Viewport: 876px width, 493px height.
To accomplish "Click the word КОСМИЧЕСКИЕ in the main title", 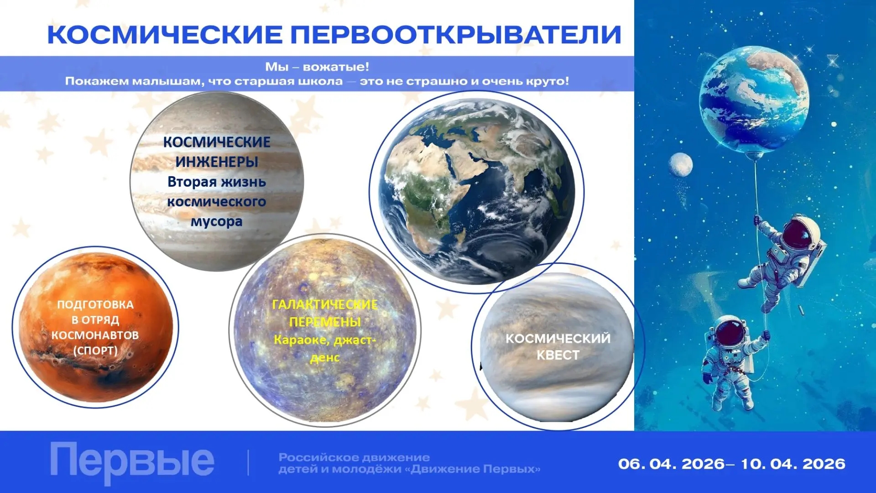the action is point(165,35).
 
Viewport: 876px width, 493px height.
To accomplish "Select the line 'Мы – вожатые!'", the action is point(317,67).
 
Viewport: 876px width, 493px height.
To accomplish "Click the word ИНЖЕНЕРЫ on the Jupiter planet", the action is point(217,162).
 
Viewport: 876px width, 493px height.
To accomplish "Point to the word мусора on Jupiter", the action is point(217,222).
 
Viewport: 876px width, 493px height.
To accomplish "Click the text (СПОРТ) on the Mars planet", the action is point(95,351).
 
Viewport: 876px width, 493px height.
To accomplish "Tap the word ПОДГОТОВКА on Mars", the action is point(95,304).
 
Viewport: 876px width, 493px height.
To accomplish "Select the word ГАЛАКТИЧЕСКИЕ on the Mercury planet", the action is point(325,304).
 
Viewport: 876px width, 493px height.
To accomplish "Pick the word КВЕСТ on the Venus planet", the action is point(558,355).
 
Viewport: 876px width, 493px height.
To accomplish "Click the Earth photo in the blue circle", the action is point(477,192).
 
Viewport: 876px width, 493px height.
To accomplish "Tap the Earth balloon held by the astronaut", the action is point(754,100).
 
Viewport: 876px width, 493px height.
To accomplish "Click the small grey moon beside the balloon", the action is point(681,165).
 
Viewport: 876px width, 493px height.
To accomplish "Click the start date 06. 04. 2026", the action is point(672,464).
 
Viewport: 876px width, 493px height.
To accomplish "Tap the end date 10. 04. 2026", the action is point(793,464).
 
